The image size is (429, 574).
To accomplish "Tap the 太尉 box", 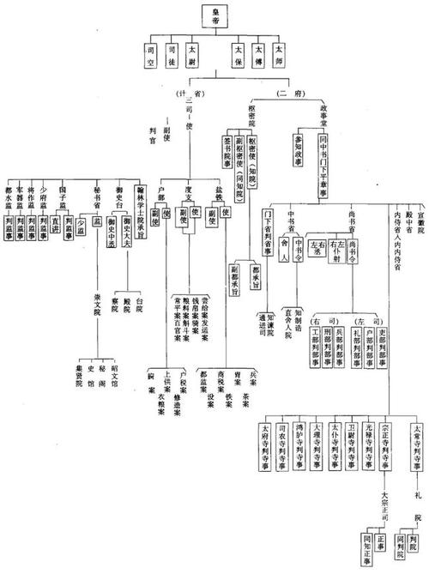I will [196, 56].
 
